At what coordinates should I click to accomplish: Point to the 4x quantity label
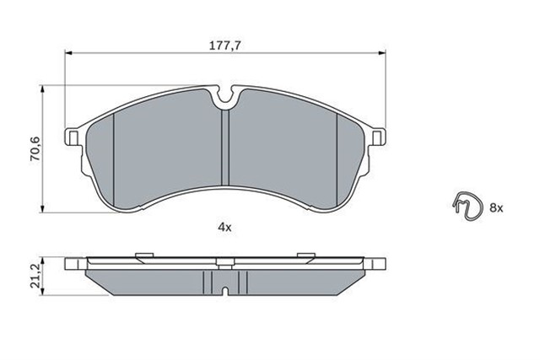point(224,227)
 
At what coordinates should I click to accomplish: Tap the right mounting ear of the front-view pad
point(376,137)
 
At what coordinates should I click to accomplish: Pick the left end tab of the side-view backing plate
point(75,261)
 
